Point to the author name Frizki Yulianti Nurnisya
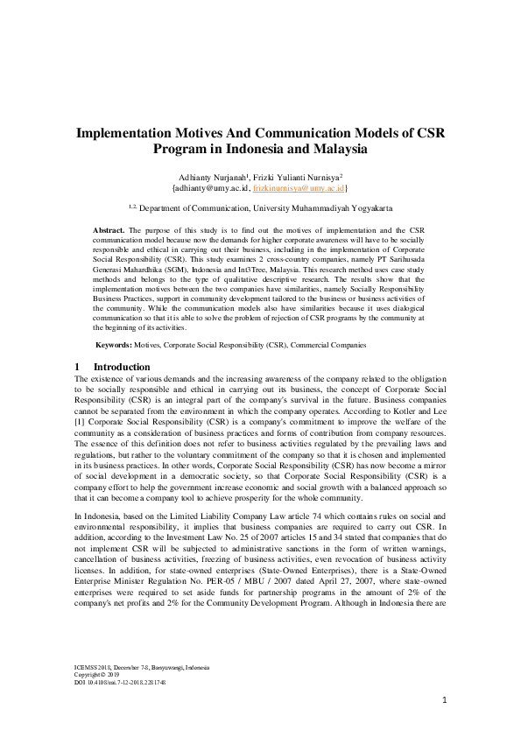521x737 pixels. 299,175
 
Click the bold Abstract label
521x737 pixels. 109,228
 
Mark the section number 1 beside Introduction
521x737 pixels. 78,367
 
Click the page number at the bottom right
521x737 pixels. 445,700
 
